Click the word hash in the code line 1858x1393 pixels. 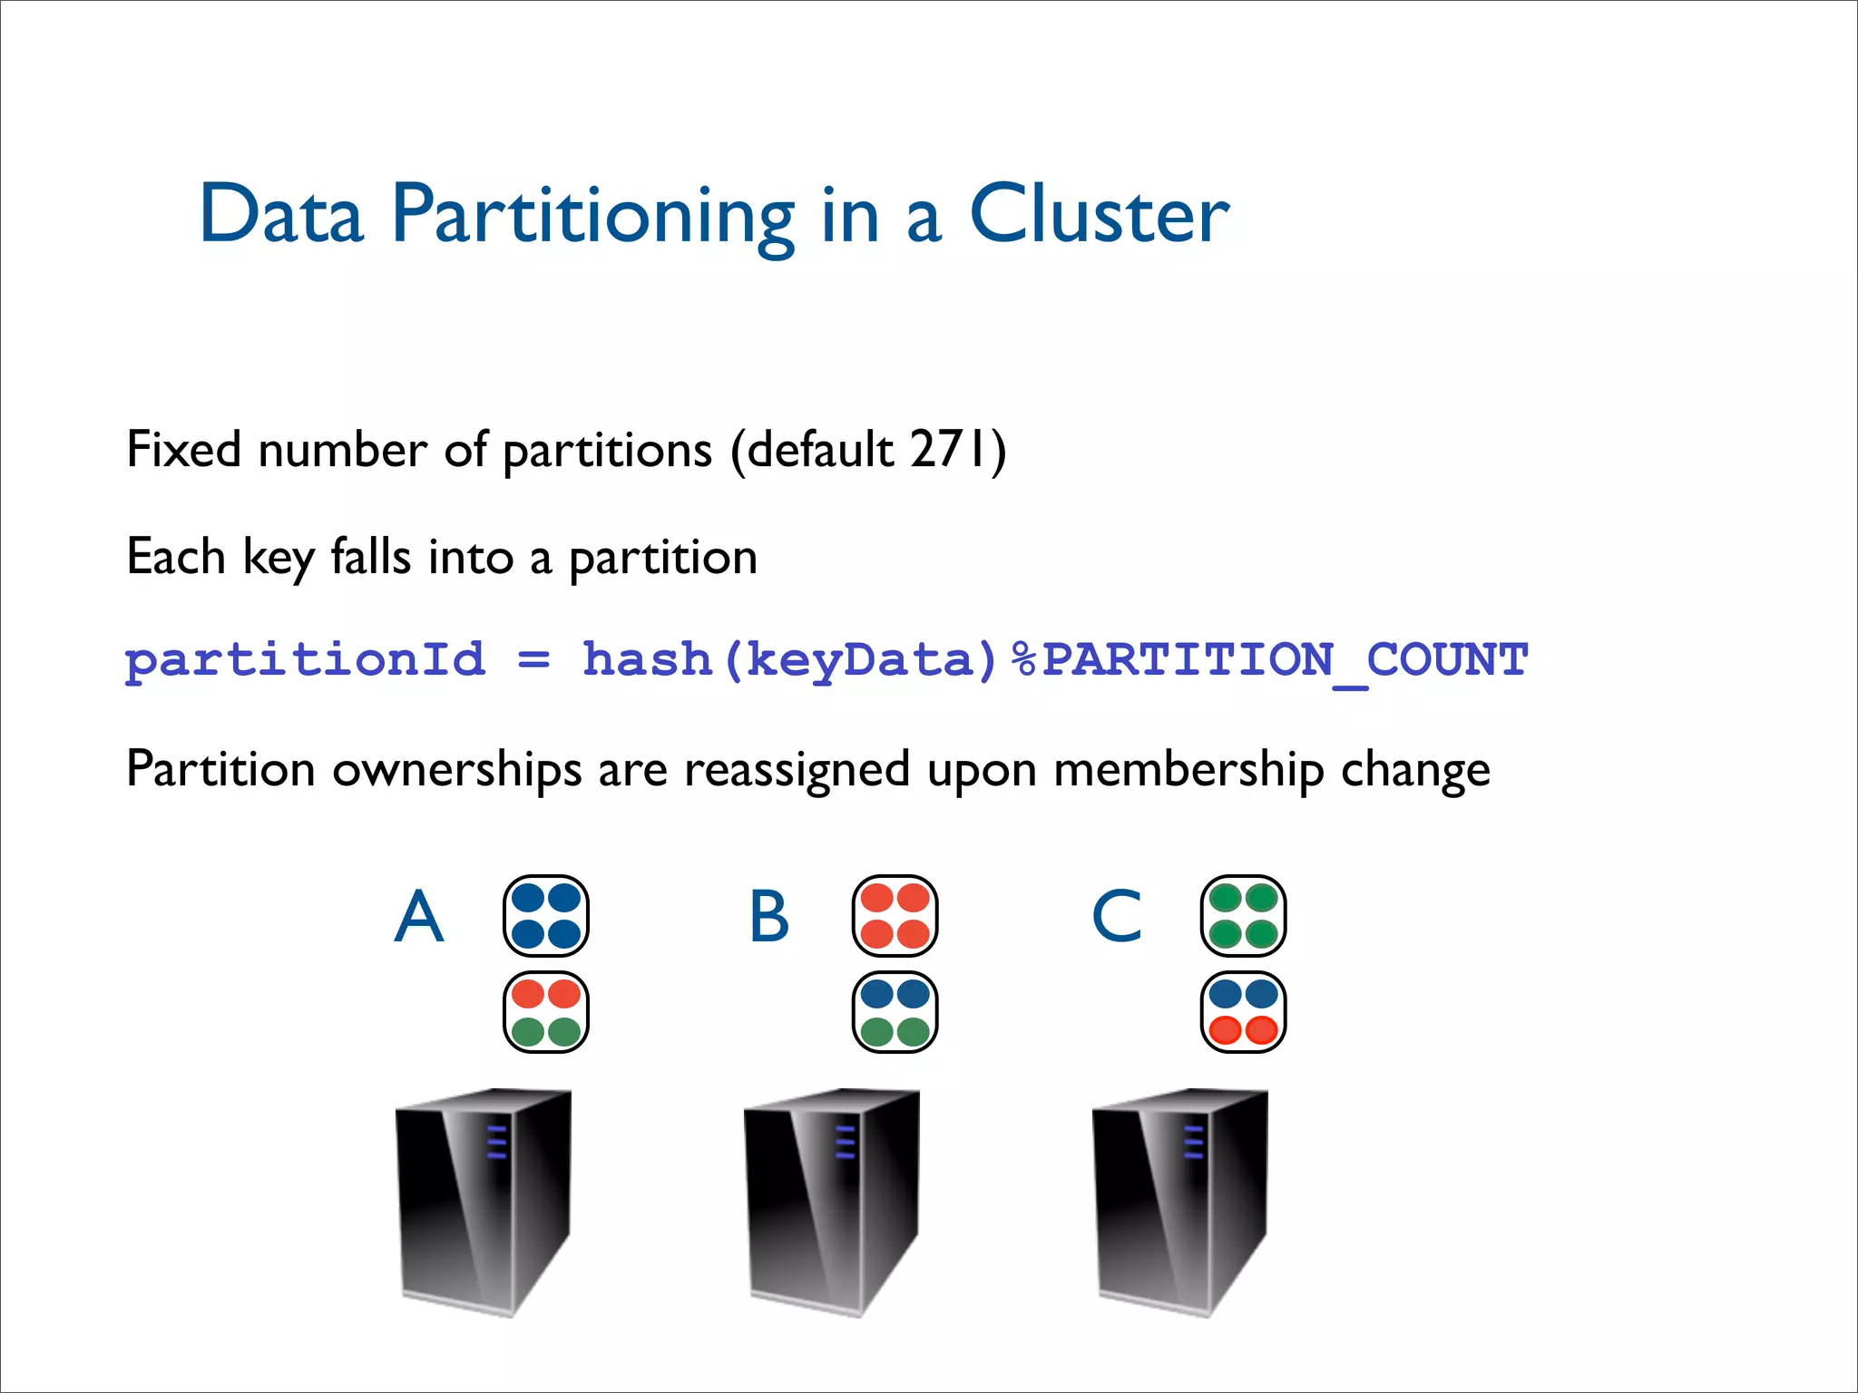[647, 659]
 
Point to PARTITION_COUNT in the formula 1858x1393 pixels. [1285, 660]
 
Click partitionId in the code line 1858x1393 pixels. [305, 661]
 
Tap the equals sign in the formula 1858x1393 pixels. [533, 660]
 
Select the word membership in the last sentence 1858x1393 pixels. [1189, 770]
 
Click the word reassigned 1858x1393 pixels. [797, 770]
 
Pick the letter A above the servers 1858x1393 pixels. [419, 916]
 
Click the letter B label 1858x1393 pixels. [769, 916]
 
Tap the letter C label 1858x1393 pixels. [1117, 916]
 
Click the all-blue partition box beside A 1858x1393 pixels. [546, 916]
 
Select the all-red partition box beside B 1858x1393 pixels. [895, 916]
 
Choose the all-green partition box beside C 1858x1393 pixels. [1244, 916]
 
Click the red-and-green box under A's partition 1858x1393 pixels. [546, 1012]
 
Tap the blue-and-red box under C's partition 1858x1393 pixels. [1244, 1012]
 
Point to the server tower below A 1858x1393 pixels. [484, 1202]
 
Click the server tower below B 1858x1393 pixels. [832, 1202]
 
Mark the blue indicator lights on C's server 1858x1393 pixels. [1193, 1143]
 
